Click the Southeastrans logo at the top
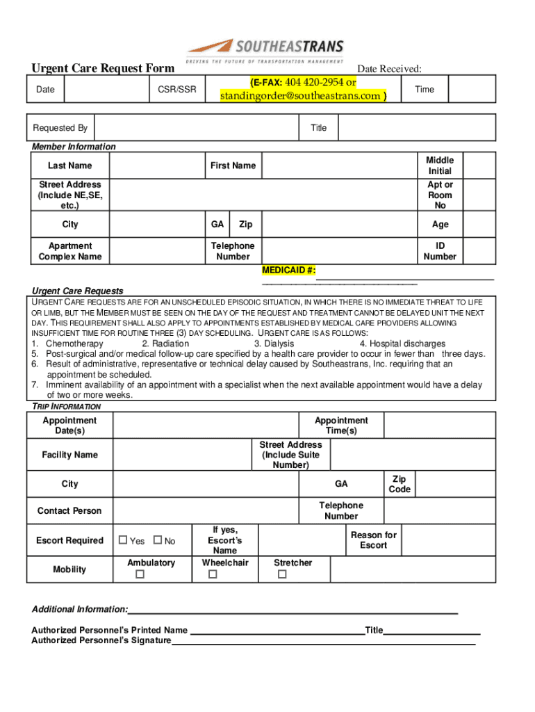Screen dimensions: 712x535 coord(265,51)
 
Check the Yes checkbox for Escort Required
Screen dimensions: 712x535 coord(124,540)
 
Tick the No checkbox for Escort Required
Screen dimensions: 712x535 coord(157,540)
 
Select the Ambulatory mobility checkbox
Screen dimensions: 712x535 coord(140,574)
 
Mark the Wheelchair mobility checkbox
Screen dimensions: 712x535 coord(213,574)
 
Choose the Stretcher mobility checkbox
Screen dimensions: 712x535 coord(282,574)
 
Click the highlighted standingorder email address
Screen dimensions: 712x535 coord(302,96)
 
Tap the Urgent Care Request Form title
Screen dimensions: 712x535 coord(103,68)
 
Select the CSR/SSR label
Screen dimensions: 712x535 coord(172,89)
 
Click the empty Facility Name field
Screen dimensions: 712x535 coord(182,455)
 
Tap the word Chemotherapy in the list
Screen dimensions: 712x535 coord(74,343)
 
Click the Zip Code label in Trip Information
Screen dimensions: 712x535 coord(401,484)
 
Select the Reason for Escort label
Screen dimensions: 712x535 coord(373,540)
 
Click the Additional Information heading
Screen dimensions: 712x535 coord(80,609)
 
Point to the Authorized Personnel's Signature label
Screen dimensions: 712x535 coord(101,640)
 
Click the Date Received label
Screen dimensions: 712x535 coord(389,68)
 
